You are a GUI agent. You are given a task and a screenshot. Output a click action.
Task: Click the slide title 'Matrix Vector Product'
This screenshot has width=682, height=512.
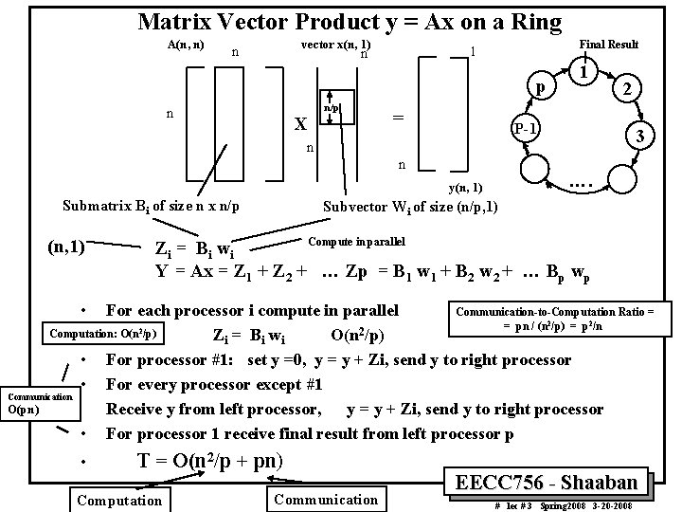350,20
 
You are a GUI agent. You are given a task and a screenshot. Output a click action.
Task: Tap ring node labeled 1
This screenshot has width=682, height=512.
586,73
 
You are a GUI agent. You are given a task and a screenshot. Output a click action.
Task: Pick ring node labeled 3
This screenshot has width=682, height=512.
640,137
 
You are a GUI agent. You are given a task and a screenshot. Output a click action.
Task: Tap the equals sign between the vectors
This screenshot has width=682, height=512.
399,117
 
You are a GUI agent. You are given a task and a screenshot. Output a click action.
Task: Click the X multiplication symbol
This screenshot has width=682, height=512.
299,125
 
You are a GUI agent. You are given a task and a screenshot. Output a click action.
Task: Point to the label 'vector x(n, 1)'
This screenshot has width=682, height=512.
334,45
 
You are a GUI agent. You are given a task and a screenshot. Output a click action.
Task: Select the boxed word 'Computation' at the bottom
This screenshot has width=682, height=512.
119,500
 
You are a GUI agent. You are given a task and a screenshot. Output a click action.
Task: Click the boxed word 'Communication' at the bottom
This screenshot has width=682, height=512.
325,500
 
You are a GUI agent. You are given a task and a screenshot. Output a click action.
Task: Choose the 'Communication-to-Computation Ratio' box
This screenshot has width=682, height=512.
562,319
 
